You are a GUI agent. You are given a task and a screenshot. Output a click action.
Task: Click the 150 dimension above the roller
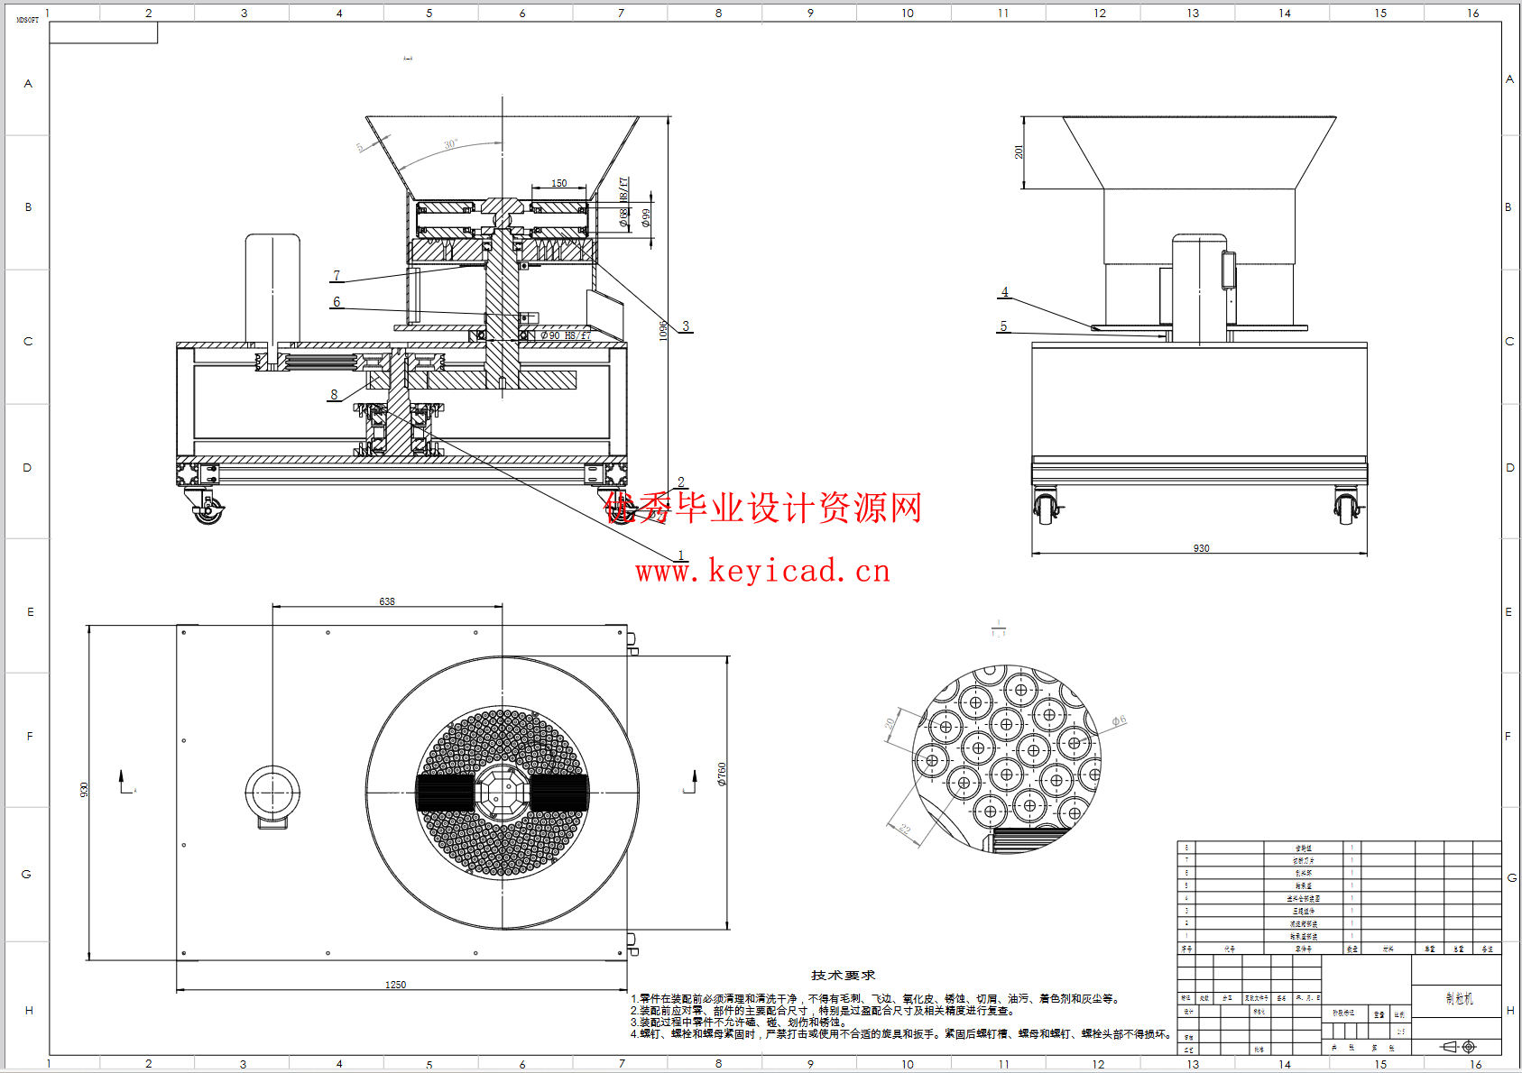pyautogui.click(x=559, y=183)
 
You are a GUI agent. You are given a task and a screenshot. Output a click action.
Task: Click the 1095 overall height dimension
pyautogui.click(x=663, y=330)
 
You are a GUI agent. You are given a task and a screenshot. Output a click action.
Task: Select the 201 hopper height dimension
pyautogui.click(x=1019, y=152)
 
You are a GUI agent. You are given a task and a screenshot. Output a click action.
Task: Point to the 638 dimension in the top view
pyautogui.click(x=387, y=601)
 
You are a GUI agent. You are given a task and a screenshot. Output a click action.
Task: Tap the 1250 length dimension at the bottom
pyautogui.click(x=395, y=985)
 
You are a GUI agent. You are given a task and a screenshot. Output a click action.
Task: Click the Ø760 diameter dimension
pyautogui.click(x=722, y=775)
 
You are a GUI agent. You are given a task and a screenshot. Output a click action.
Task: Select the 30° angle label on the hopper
pyautogui.click(x=450, y=144)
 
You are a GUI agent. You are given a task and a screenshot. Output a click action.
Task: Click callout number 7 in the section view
pyautogui.click(x=337, y=276)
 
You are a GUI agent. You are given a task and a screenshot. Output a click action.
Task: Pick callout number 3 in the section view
pyautogui.click(x=686, y=326)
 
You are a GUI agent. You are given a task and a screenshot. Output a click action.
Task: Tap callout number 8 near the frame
pyautogui.click(x=334, y=394)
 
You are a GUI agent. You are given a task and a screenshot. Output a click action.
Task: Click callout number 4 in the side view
pyautogui.click(x=1005, y=292)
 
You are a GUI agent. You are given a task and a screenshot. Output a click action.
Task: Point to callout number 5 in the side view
pyautogui.click(x=1003, y=326)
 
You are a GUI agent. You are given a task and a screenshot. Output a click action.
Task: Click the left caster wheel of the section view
pyautogui.click(x=208, y=512)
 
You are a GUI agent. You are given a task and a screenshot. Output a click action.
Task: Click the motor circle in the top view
pyautogui.click(x=272, y=793)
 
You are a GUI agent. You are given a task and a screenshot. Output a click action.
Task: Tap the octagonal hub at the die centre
pyautogui.click(x=503, y=793)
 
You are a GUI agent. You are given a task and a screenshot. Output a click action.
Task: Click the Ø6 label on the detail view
pyautogui.click(x=1119, y=721)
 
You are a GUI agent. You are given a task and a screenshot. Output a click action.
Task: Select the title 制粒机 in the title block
pyautogui.click(x=1459, y=998)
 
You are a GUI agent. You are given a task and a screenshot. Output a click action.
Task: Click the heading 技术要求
pyautogui.click(x=843, y=976)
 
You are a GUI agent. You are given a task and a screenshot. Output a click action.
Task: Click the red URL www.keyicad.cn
pyautogui.click(x=762, y=572)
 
